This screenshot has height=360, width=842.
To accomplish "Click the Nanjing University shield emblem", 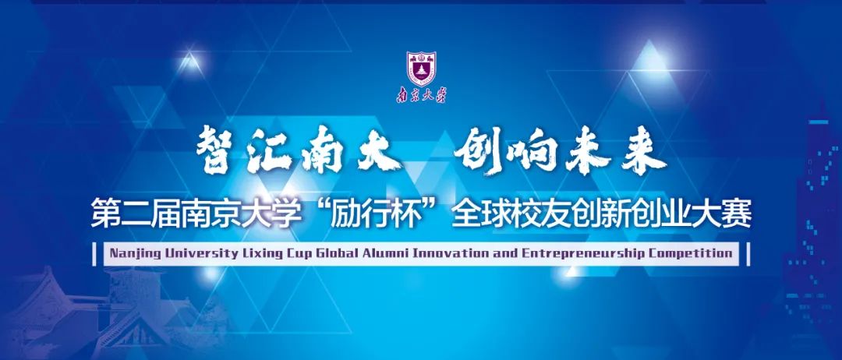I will coord(421,68).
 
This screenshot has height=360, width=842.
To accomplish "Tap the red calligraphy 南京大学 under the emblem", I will coord(421,95).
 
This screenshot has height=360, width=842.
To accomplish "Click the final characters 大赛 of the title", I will coord(723,213).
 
